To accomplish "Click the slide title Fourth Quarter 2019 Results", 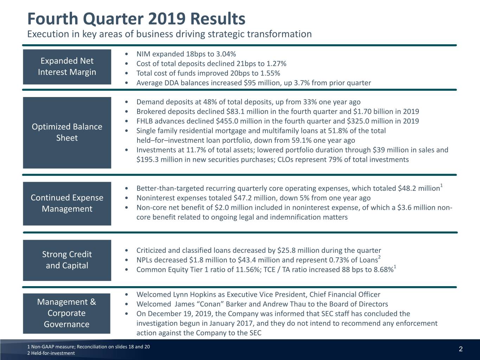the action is click(x=136, y=19).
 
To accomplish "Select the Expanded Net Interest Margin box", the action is click(x=67, y=67).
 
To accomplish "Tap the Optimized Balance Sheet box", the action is click(x=67, y=133).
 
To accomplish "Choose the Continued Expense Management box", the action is click(x=67, y=203).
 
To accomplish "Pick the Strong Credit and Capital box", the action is click(x=67, y=260).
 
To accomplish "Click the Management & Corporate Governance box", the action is click(x=66, y=313).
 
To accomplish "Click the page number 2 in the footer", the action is click(x=461, y=349).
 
